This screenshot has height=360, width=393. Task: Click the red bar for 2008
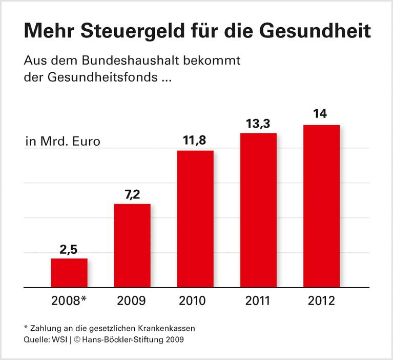point(69,273)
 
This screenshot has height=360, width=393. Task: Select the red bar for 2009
point(132,246)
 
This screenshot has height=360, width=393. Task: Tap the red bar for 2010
point(195,219)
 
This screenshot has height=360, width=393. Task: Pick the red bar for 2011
point(258,210)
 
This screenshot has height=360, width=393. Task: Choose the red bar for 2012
point(321,206)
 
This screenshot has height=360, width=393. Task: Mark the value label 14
point(321,115)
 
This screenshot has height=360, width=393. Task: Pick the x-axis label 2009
point(132,301)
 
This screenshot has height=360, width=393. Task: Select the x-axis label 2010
point(195,301)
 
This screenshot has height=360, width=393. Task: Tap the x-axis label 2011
point(258,301)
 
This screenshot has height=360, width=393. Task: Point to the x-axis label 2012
point(321,301)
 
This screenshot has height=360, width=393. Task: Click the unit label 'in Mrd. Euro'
point(63,142)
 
